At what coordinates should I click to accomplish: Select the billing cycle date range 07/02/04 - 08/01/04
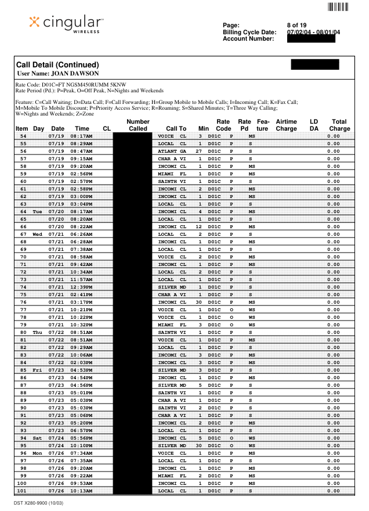[313, 32]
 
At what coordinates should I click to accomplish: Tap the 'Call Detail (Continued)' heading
[58, 64]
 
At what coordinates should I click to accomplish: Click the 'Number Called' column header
[138, 125]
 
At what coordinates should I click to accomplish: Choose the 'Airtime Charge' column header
[286, 125]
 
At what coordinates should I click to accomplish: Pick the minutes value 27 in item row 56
[198, 150]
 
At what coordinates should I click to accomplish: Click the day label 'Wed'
[38, 234]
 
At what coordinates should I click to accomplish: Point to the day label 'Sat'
[38, 438]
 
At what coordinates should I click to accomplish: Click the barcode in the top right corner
[338, 7]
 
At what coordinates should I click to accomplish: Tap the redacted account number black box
[311, 39]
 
